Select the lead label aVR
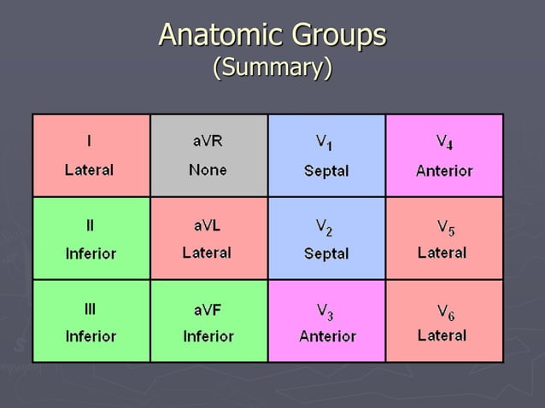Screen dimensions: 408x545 (208, 141)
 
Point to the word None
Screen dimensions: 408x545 (208, 170)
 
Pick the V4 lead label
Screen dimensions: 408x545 (444, 142)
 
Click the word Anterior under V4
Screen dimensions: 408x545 (444, 171)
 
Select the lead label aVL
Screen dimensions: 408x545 (208, 225)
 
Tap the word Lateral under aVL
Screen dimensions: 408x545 (207, 253)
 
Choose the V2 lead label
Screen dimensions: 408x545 (325, 227)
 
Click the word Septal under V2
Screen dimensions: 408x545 (326, 254)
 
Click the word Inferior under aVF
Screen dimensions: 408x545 (208, 336)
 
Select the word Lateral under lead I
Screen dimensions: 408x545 (89, 170)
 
